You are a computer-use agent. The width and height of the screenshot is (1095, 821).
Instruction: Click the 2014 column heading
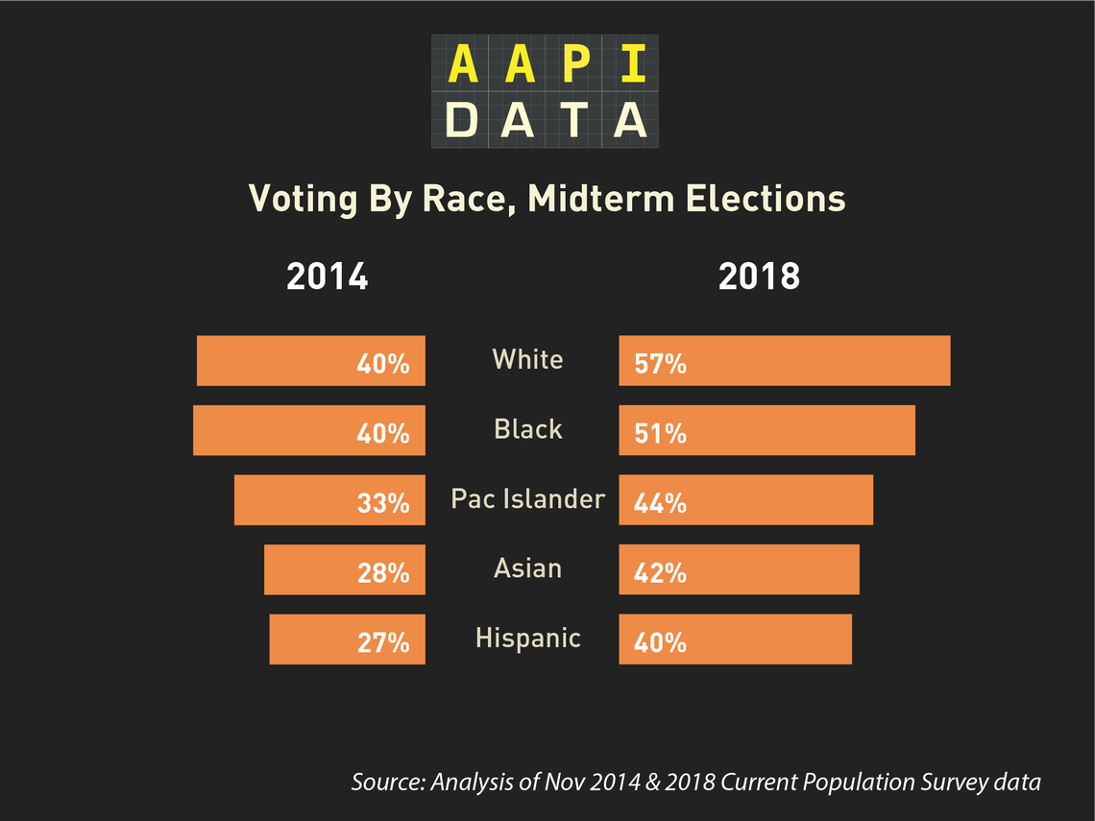tap(328, 277)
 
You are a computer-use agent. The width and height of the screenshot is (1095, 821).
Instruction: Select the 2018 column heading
tap(759, 277)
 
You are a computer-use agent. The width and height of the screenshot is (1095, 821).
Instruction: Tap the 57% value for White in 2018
tap(660, 364)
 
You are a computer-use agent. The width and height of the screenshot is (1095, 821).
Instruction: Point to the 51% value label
tap(660, 433)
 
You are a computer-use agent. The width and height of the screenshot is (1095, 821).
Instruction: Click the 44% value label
tap(660, 502)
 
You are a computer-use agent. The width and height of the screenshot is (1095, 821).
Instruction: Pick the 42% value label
tap(660, 572)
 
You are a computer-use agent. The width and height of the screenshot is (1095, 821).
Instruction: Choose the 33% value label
tap(383, 502)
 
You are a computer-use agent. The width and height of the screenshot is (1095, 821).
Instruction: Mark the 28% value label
tap(383, 572)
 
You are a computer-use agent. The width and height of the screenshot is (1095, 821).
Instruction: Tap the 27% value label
tap(383, 641)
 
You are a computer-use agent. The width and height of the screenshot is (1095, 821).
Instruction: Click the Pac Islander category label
tap(528, 499)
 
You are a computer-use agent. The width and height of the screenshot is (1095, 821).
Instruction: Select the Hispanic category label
tap(528, 638)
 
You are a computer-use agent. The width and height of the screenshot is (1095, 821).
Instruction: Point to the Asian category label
tap(527, 568)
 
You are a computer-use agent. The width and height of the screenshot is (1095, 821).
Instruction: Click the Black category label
tap(527, 428)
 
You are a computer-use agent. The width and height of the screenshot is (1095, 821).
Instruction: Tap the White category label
tap(527, 359)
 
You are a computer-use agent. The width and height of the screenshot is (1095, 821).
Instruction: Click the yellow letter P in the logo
tap(573, 64)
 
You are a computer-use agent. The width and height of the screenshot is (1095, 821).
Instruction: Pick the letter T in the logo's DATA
tap(573, 120)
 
